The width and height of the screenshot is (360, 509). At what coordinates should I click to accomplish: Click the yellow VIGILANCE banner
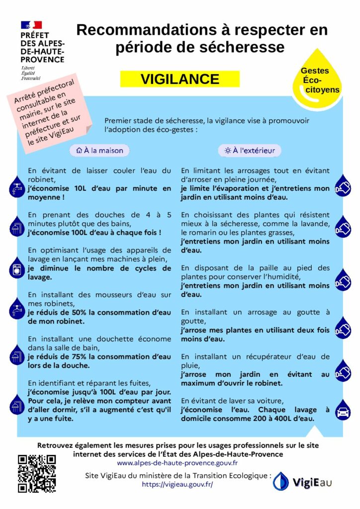pyautogui.click(x=180, y=79)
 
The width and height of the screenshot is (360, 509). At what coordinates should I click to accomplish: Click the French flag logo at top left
pyautogui.click(x=31, y=25)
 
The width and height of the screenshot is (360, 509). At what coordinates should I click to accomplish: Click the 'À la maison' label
pyautogui.click(x=99, y=150)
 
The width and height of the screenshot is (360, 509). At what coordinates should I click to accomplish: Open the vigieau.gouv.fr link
pyautogui.click(x=177, y=484)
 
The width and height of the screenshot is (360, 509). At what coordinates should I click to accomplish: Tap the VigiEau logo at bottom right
pyautogui.click(x=303, y=481)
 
